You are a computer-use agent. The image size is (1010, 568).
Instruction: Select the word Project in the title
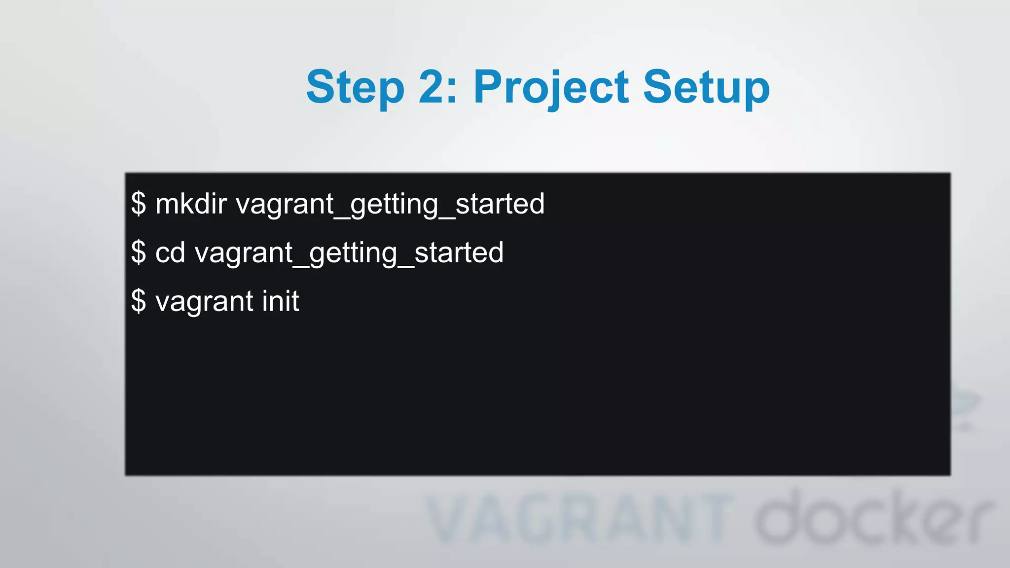(551, 88)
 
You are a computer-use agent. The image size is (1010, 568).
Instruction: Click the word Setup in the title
(706, 88)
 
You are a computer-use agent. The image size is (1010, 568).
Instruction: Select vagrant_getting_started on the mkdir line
(390, 204)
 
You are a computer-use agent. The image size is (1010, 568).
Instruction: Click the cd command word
(170, 252)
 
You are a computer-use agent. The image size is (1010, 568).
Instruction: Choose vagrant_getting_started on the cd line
(349, 253)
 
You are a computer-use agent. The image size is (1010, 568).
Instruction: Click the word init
(281, 301)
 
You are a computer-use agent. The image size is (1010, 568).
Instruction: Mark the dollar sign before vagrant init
(139, 301)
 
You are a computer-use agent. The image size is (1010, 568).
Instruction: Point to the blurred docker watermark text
(873, 518)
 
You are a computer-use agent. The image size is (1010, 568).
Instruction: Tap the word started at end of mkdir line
(500, 204)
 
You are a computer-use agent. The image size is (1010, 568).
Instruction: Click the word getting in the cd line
(353, 253)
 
